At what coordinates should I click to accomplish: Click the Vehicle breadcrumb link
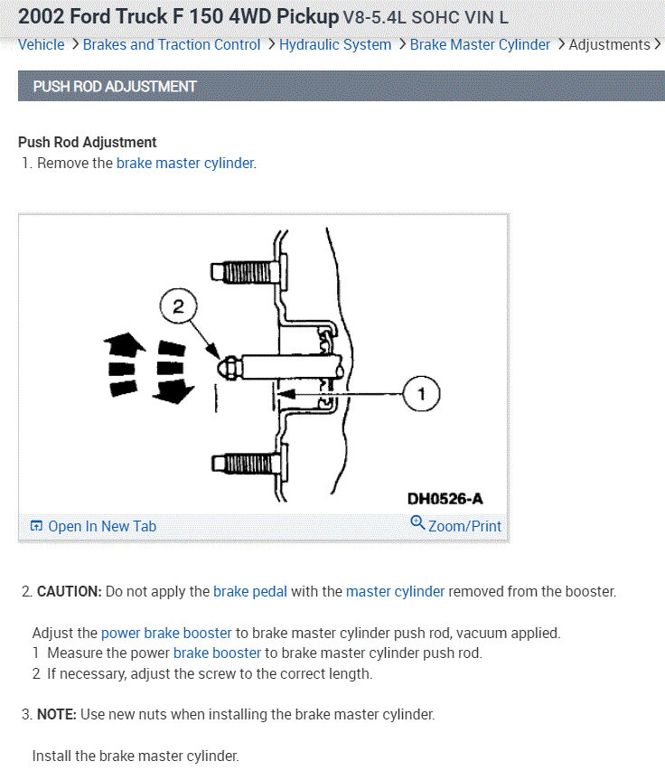point(42,44)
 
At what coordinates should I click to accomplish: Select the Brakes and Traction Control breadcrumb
point(172,44)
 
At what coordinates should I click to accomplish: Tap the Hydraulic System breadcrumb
point(335,44)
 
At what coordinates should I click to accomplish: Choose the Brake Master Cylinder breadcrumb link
point(480,44)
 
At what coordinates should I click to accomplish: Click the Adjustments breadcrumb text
point(609,44)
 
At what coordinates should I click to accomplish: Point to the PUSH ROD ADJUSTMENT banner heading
point(115,87)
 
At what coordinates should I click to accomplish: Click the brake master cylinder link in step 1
point(185,164)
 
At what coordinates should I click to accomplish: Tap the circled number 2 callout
point(178,307)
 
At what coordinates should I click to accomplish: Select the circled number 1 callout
point(421,393)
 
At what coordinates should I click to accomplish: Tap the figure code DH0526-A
point(445,499)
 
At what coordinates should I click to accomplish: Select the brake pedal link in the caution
point(250,592)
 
